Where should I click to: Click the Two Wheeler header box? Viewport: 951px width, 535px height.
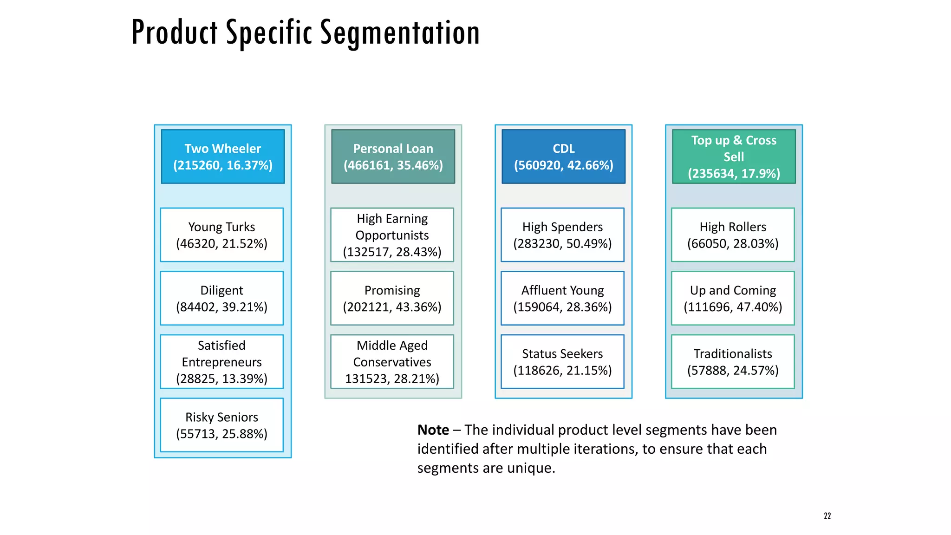tap(223, 157)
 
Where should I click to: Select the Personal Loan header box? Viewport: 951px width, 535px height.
tap(393, 157)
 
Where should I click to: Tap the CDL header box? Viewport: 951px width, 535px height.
tap(563, 157)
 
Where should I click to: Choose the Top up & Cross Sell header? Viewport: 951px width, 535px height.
tap(734, 157)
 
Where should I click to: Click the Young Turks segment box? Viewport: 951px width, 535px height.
tap(222, 235)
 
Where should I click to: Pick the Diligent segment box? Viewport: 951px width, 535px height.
tap(222, 298)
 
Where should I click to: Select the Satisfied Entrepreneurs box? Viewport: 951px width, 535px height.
tap(222, 362)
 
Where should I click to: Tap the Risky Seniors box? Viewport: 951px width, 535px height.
tap(222, 425)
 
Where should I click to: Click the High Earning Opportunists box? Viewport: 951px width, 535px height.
tap(392, 235)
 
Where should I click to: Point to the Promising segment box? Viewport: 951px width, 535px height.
tap(392, 298)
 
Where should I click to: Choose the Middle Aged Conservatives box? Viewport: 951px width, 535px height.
tap(392, 362)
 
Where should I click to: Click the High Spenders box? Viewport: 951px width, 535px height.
tap(562, 235)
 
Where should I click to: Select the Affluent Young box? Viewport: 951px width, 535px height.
tap(562, 298)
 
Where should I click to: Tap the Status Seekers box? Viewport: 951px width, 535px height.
tap(562, 362)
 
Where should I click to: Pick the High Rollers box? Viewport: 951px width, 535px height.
tap(733, 235)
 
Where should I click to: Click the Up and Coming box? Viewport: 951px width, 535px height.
tap(733, 298)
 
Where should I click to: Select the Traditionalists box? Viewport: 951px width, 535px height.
tap(733, 362)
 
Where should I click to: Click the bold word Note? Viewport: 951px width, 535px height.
tap(433, 430)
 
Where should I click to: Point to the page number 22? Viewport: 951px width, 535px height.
tap(827, 516)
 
